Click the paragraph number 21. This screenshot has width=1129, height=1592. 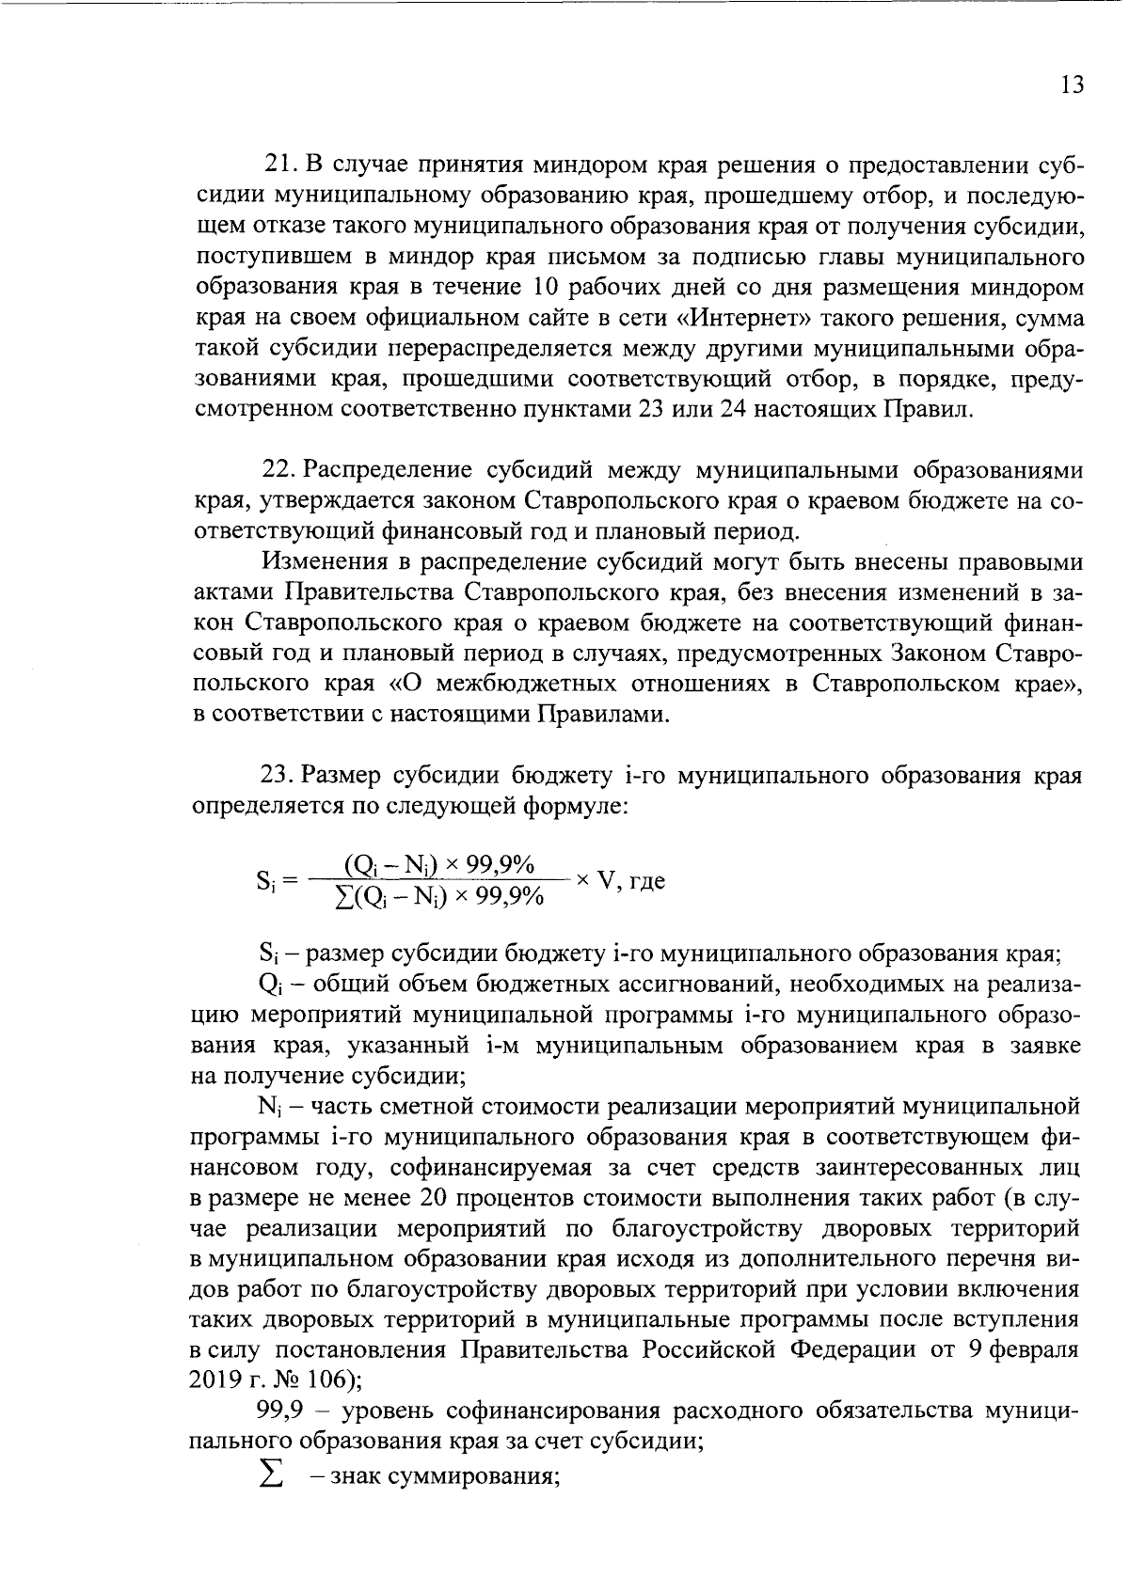[279, 165]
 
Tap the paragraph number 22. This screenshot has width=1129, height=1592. [279, 470]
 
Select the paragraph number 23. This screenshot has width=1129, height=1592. [279, 776]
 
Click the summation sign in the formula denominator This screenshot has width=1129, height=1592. [343, 897]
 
